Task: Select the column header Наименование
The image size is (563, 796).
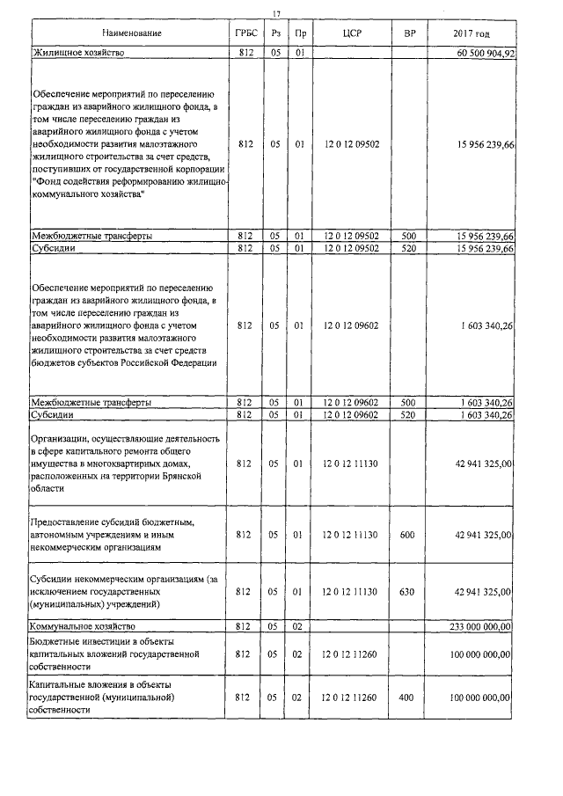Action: click(x=131, y=33)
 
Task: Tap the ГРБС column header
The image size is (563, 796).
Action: click(x=245, y=33)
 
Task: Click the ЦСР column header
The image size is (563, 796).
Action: click(x=351, y=33)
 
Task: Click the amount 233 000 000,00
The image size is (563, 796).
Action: click(x=480, y=626)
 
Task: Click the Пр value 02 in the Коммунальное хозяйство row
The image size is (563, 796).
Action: click(x=300, y=626)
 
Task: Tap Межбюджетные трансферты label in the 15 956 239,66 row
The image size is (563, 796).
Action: click(x=91, y=237)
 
